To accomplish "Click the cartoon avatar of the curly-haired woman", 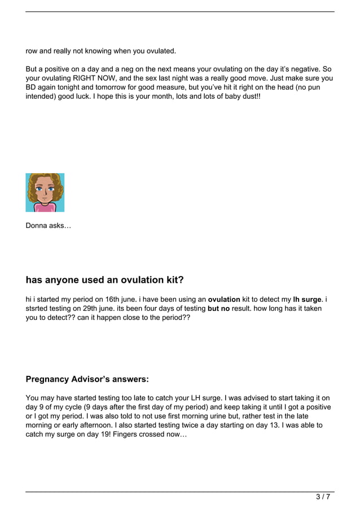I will point(45,192).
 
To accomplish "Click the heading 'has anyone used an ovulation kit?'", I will point(105,280).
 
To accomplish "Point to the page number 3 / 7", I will point(323,497).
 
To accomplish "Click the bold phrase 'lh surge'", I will point(308,299).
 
